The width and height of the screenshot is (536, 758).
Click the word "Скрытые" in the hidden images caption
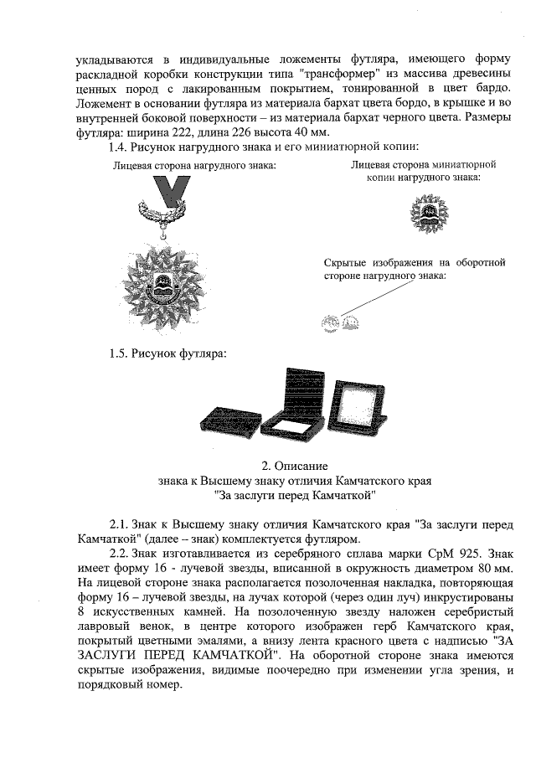(x=348, y=263)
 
